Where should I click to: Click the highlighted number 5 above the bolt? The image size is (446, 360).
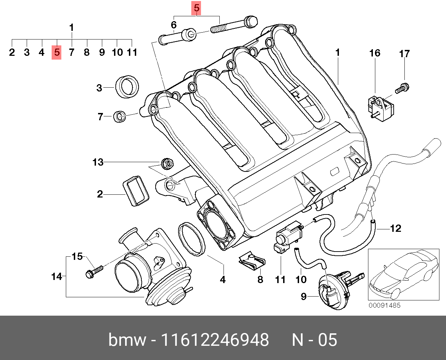196,8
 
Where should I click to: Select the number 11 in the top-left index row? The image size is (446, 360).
132,52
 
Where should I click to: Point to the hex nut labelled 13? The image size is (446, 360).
167,163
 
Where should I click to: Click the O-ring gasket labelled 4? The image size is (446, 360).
191,239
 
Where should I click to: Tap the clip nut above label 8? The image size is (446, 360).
252,262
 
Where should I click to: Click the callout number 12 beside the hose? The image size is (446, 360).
395,228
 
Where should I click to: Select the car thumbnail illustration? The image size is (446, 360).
403,274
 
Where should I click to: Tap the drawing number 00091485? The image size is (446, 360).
384,305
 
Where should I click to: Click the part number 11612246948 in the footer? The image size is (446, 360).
215,340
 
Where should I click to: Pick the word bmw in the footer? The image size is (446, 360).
127,340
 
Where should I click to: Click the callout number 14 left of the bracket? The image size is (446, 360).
56,276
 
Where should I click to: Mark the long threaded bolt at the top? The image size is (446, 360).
234,24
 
